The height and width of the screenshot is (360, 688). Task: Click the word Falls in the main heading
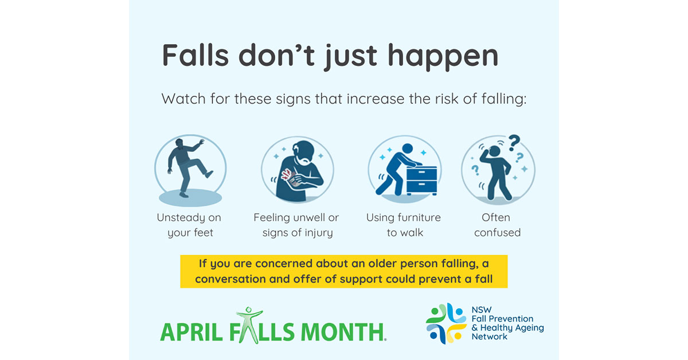click(196, 56)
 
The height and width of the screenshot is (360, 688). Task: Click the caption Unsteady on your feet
click(190, 225)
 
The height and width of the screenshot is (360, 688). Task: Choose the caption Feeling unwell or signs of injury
click(297, 225)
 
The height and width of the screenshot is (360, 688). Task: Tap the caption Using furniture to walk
click(404, 225)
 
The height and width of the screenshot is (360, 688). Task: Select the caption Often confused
click(497, 225)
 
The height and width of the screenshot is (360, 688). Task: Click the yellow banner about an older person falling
click(344, 272)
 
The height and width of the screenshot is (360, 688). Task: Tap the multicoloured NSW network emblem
click(445, 323)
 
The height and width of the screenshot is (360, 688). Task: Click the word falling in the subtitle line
click(502, 99)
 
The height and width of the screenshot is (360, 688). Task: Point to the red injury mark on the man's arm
click(294, 174)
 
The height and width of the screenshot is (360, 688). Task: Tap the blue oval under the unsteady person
click(190, 198)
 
